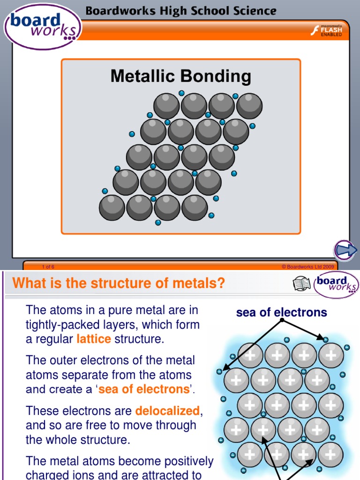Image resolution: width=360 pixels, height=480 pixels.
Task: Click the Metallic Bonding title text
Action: [x=180, y=76]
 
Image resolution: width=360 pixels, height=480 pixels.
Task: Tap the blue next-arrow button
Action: [x=346, y=250]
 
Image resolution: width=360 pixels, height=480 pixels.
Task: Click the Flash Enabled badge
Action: [x=327, y=31]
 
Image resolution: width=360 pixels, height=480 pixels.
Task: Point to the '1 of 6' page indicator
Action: [x=48, y=267]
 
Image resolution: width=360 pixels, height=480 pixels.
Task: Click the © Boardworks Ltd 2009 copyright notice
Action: [x=307, y=267]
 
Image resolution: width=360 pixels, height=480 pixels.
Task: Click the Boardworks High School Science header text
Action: [x=181, y=10]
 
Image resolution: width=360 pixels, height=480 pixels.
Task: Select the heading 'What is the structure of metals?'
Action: [x=119, y=283]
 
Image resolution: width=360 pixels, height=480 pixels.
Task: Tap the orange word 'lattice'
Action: [x=93, y=339]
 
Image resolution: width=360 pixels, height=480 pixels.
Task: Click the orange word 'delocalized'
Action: [x=167, y=411]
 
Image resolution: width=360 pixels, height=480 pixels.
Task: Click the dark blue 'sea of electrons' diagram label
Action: [x=281, y=313]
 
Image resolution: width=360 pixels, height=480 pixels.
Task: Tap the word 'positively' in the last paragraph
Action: [x=189, y=461]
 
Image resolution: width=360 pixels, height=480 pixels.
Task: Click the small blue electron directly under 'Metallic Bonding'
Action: [x=181, y=93]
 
